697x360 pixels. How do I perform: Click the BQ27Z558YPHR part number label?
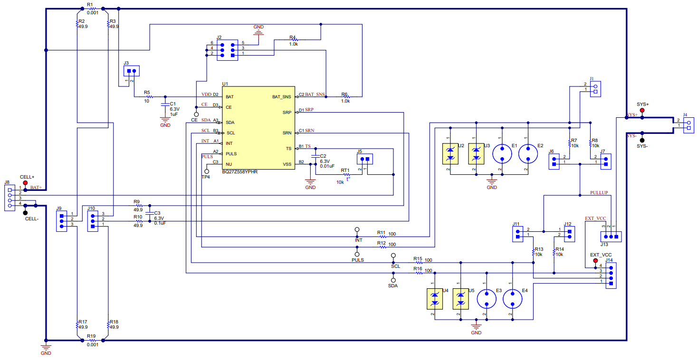(x=240, y=172)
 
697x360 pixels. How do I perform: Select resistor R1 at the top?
(x=91, y=9)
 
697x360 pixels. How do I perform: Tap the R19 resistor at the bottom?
(x=92, y=340)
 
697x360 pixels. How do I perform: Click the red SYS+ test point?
(x=642, y=111)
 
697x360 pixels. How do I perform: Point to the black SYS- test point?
(x=642, y=140)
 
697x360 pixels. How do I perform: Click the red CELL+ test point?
(x=25, y=183)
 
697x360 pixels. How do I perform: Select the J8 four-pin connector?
(x=10, y=197)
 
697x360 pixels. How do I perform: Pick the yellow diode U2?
(x=450, y=154)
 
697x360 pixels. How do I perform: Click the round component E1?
(x=502, y=154)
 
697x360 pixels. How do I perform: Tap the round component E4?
(x=512, y=299)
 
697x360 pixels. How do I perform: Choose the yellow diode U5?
(x=460, y=299)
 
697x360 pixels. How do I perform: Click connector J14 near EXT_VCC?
(x=611, y=275)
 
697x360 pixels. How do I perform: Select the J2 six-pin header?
(x=226, y=49)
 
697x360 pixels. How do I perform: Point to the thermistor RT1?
(x=346, y=175)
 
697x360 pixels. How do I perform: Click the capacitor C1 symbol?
(x=165, y=104)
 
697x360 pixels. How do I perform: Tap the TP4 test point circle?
(x=207, y=171)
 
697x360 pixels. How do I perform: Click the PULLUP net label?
(x=599, y=193)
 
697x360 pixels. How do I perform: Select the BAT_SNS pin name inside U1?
(x=281, y=97)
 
